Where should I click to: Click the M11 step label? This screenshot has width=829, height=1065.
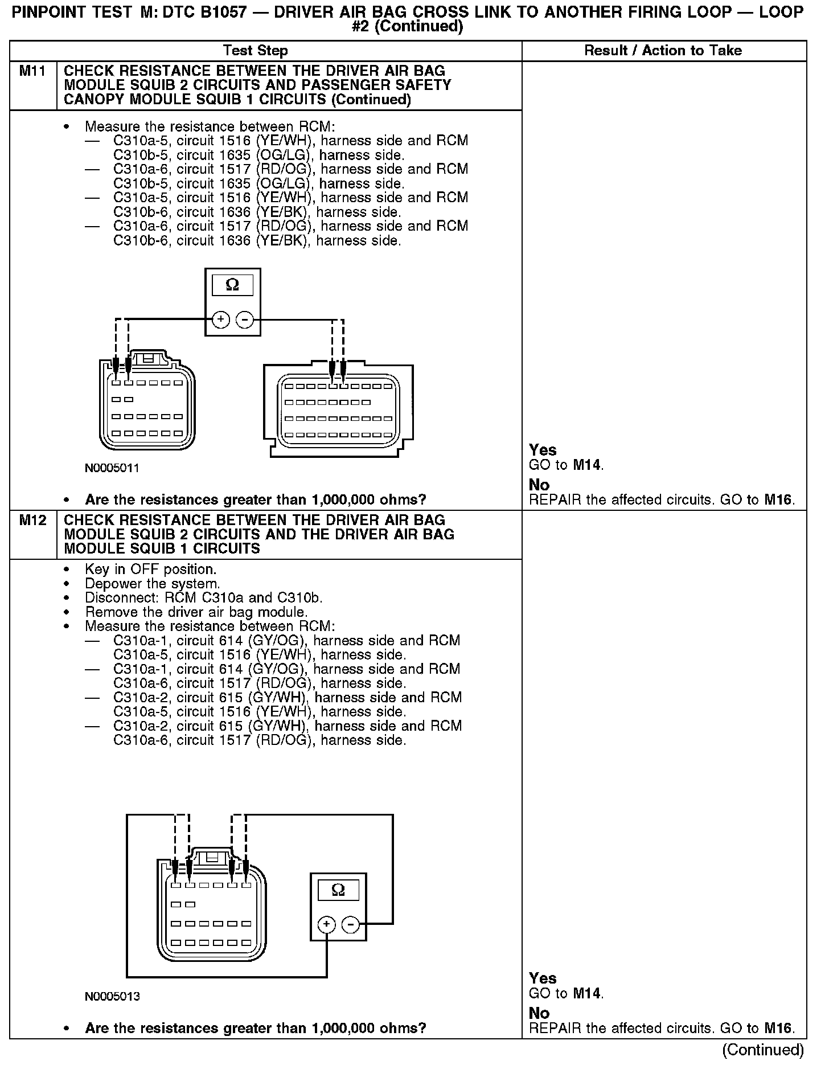point(32,72)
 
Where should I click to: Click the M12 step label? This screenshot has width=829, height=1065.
point(32,521)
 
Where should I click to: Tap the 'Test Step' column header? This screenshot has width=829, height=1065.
point(256,51)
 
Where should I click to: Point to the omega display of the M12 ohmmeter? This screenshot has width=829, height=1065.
point(338,890)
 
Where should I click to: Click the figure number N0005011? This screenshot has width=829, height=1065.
point(112,469)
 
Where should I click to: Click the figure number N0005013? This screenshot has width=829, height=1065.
point(112,997)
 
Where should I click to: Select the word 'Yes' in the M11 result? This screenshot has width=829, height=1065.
point(543,450)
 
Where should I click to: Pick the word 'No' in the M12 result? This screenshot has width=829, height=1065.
point(539,1013)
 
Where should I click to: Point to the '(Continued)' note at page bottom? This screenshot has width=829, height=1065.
point(763,1049)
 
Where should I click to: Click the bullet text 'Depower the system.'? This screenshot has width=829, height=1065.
point(152,584)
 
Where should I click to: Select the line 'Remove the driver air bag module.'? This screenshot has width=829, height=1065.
point(196,612)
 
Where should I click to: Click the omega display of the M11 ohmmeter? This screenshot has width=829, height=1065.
point(232,284)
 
